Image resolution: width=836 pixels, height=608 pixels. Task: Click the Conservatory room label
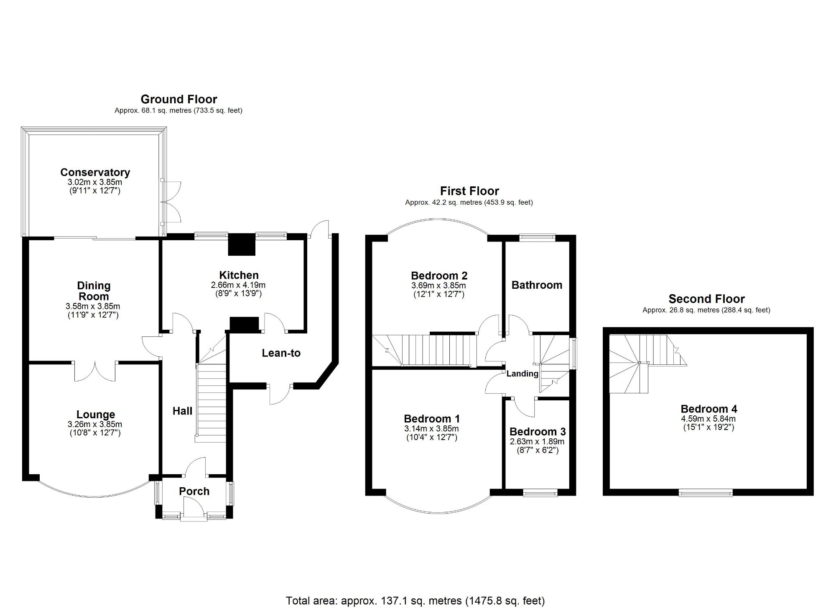point(95,172)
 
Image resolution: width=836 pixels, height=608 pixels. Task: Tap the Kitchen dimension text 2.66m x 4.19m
point(238,285)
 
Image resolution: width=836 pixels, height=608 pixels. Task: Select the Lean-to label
point(281,353)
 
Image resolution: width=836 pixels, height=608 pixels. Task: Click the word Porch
point(194,491)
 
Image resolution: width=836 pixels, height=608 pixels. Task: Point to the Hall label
point(182,411)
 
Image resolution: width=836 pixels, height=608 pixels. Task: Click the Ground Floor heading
point(178,99)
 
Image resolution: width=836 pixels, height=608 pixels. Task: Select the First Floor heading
point(469,191)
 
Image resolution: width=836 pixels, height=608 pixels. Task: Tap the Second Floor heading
point(706,299)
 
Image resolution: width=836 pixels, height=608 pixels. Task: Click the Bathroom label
point(537,285)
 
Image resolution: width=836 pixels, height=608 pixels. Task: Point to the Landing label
point(522,374)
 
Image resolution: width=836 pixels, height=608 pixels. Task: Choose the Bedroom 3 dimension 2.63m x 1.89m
point(537,442)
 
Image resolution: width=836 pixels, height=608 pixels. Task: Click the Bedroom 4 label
point(709,409)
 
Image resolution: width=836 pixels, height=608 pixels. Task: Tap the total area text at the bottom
point(415,601)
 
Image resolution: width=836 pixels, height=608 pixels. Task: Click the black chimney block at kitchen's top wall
point(241,244)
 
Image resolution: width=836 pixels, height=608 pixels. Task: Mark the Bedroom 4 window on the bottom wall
point(706,493)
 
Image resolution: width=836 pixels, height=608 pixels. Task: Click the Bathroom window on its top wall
point(537,237)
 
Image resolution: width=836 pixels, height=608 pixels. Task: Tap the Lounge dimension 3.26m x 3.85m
point(95,424)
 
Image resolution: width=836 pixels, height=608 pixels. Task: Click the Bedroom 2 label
point(439,276)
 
